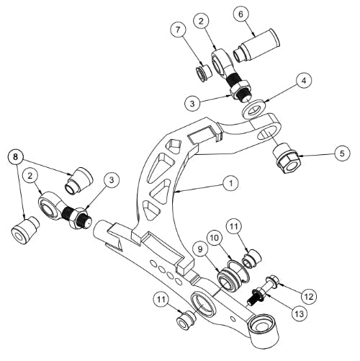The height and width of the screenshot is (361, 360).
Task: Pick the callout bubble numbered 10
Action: (215, 238)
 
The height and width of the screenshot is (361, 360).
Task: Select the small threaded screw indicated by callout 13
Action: (256, 295)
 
